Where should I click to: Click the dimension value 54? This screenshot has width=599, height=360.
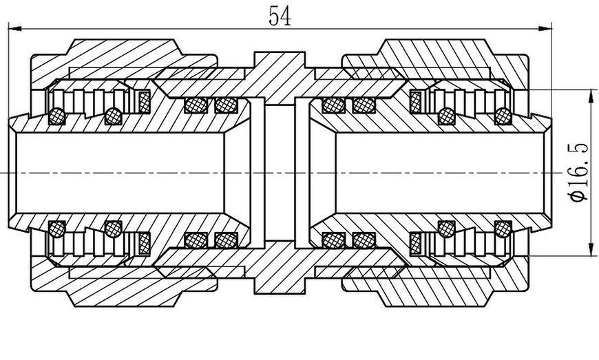click(280, 16)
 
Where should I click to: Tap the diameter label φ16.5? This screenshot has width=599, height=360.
click(578, 172)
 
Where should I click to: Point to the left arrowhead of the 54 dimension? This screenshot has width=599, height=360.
click(15, 29)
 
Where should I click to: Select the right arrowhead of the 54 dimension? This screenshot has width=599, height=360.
click(545, 29)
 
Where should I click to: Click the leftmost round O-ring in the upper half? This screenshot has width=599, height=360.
click(57, 116)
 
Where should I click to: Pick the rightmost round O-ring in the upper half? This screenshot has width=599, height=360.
click(503, 116)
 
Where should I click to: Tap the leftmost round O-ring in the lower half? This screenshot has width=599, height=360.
click(57, 229)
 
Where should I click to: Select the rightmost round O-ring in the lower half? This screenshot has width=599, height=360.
click(503, 229)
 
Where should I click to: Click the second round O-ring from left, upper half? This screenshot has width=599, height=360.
click(113, 116)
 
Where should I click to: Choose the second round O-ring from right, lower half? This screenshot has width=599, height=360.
click(447, 229)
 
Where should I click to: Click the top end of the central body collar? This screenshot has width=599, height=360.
click(280, 52)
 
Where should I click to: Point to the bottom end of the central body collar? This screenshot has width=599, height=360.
click(280, 293)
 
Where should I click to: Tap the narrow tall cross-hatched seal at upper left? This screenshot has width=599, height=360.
click(145, 102)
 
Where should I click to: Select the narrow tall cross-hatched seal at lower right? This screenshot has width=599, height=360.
click(415, 243)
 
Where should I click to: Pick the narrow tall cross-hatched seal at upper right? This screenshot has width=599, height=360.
click(415, 102)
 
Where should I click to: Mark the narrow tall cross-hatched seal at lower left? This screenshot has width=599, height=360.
click(145, 243)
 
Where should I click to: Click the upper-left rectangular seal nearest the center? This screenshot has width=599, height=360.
click(226, 105)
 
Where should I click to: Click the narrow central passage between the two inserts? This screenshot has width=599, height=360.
click(280, 173)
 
